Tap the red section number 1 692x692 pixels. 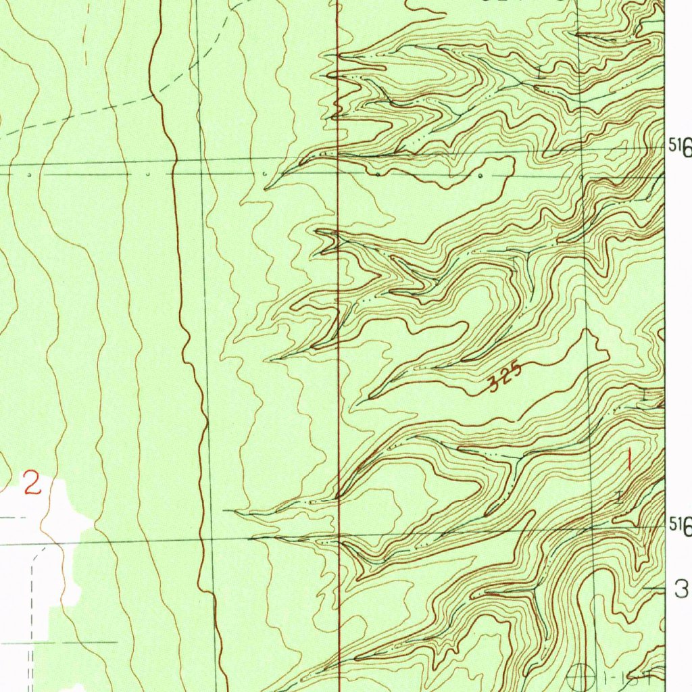[x=629, y=461]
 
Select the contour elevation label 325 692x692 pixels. [x=505, y=378]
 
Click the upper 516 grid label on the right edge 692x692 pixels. [x=681, y=147]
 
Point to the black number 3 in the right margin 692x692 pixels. [x=681, y=590]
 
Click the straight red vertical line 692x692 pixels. [x=338, y=338]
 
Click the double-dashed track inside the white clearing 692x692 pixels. [x=33, y=595]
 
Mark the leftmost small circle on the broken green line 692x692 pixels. [x=30, y=174]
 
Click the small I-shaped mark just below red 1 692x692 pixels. [x=620, y=497]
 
